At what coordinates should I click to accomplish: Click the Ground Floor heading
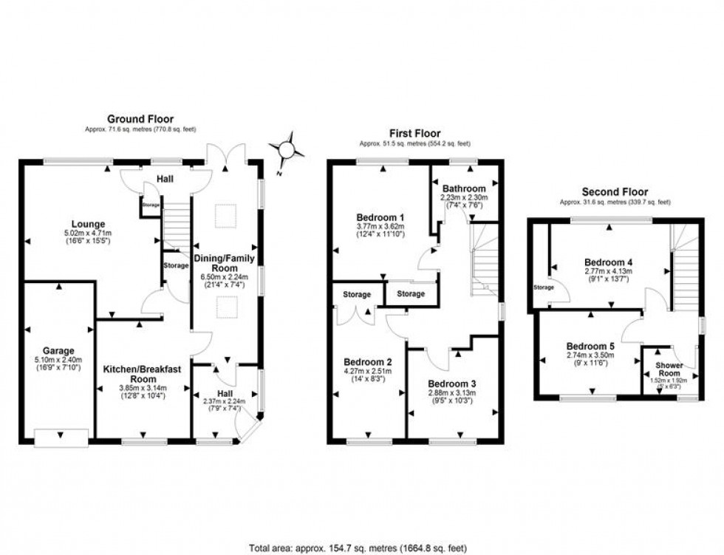pos(140,119)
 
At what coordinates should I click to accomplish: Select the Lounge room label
pos(88,224)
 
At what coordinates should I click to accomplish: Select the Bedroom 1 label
pos(381,217)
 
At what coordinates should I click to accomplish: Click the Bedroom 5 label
pos(590,346)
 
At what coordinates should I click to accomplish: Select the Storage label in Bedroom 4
pos(543,287)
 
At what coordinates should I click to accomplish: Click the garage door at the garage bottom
pos(61,437)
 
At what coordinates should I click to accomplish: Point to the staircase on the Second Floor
pos(686,273)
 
